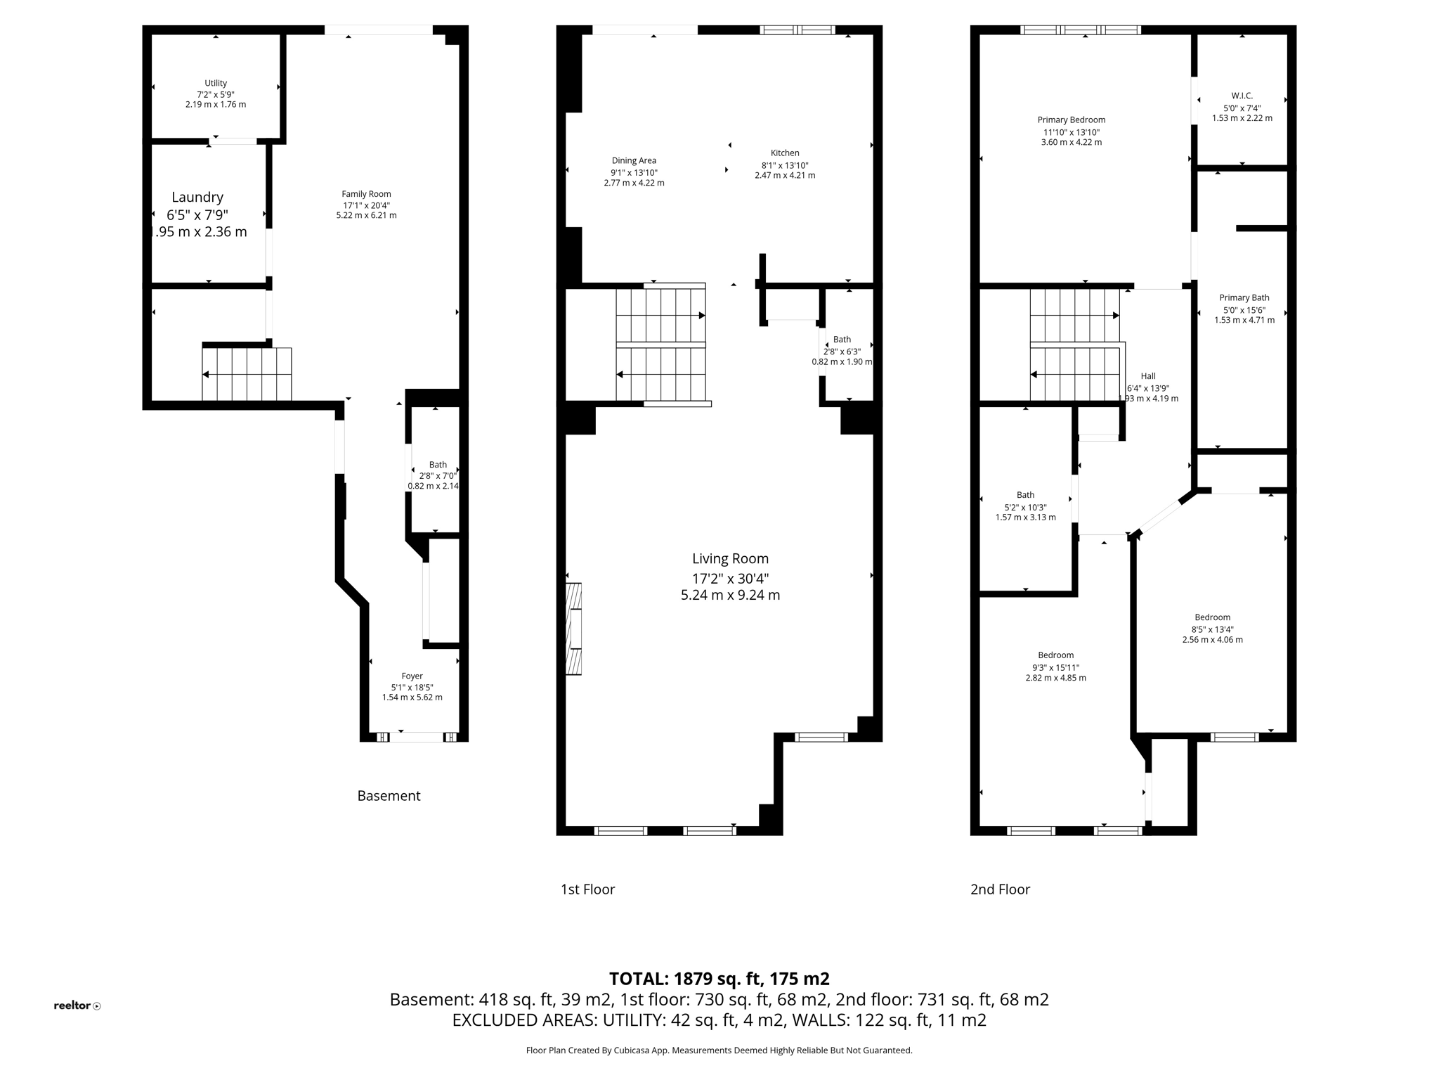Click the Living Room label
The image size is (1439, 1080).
730,559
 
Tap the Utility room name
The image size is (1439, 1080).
216,83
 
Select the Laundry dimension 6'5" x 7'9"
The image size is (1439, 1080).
197,215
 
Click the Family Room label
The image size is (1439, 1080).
366,194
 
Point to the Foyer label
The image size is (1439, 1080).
412,676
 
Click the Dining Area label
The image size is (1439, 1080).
634,161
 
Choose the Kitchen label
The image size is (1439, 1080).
785,153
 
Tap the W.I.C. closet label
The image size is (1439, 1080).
1242,96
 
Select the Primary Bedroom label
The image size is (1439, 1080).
1071,120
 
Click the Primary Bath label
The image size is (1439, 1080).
1244,298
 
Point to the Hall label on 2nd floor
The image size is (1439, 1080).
1148,376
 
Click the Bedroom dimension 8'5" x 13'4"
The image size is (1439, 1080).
1212,630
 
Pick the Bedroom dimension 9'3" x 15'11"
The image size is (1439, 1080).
1055,668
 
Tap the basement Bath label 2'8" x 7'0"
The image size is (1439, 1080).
438,465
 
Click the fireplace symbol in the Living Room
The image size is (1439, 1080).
573,629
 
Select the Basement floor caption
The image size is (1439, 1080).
389,796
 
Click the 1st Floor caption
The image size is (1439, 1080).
587,889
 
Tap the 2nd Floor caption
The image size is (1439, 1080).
1000,889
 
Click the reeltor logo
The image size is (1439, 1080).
77,1005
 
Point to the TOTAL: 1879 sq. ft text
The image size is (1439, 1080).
719,979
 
